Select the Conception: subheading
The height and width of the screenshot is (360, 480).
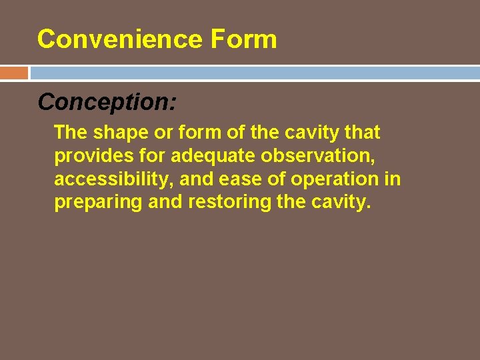coord(107,101)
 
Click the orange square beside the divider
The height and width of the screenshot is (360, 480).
coord(14,73)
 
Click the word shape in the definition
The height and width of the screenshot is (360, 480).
coord(119,133)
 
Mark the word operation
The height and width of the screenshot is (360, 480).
coord(334,179)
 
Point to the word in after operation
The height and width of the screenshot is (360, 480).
coord(393,179)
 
